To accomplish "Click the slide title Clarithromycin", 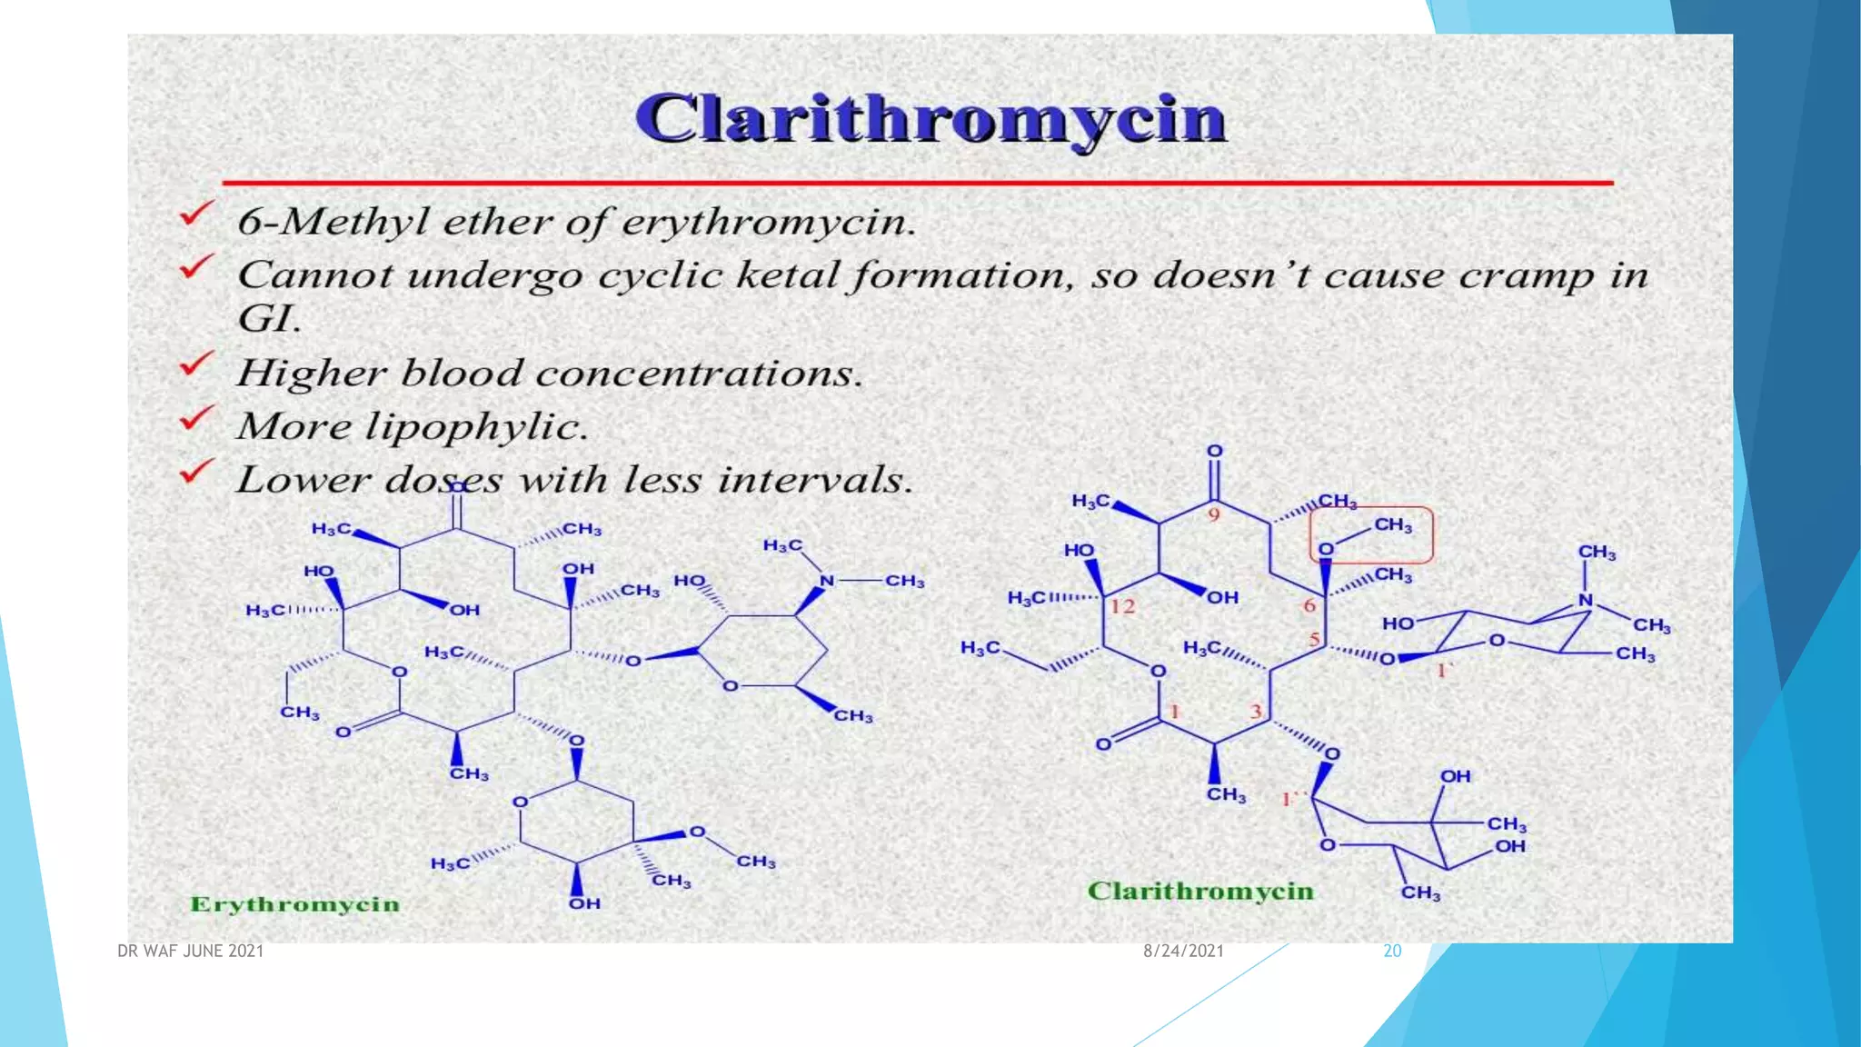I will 930,119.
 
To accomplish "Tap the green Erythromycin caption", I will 294,904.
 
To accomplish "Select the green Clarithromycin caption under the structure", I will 1200,891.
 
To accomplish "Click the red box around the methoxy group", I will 1370,534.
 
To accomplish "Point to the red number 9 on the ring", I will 1213,515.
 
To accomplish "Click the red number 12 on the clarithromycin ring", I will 1122,606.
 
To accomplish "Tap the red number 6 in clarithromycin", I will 1309,605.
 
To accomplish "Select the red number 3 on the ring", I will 1256,711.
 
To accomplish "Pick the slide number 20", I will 1392,951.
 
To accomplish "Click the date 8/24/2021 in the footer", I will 1183,951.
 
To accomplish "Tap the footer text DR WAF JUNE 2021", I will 191,951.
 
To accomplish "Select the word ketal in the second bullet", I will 787,274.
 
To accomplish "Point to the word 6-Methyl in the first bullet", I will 333,221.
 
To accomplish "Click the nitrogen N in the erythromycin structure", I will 826,581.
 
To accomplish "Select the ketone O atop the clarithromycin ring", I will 1214,451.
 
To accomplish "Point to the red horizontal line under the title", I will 918,183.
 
